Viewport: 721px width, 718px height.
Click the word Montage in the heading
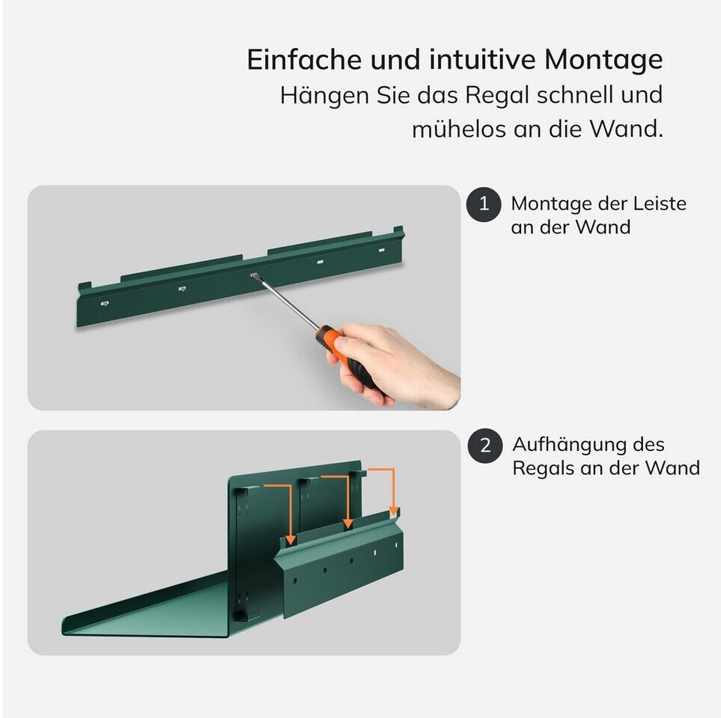click(603, 61)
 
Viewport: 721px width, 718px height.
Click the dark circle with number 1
click(484, 204)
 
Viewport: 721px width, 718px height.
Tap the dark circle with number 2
click(485, 446)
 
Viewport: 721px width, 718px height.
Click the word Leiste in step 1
click(660, 203)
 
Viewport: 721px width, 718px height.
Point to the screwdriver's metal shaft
click(286, 301)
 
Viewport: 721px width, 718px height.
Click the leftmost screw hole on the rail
click(105, 303)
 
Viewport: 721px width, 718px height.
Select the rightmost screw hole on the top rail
click(381, 251)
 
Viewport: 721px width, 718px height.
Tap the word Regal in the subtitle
click(497, 96)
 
